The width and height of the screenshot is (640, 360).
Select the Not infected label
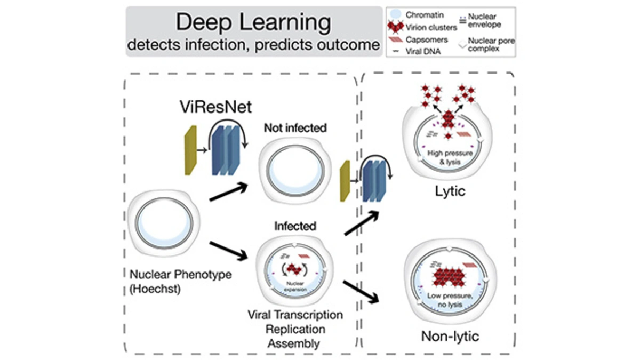pyautogui.click(x=295, y=129)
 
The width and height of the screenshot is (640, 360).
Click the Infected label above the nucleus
pyautogui.click(x=295, y=226)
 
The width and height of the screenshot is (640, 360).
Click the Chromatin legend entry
pyautogui.click(x=421, y=15)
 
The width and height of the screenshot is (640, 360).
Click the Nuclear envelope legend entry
pyautogui.click(x=485, y=20)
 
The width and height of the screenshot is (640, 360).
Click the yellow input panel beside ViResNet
pyautogui.click(x=190, y=153)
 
